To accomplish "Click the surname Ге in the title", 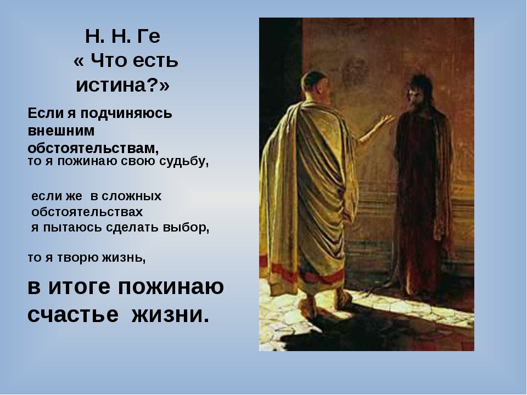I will click(149, 37).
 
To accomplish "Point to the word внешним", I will click(61, 131).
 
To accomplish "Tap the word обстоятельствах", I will click(88, 212).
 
